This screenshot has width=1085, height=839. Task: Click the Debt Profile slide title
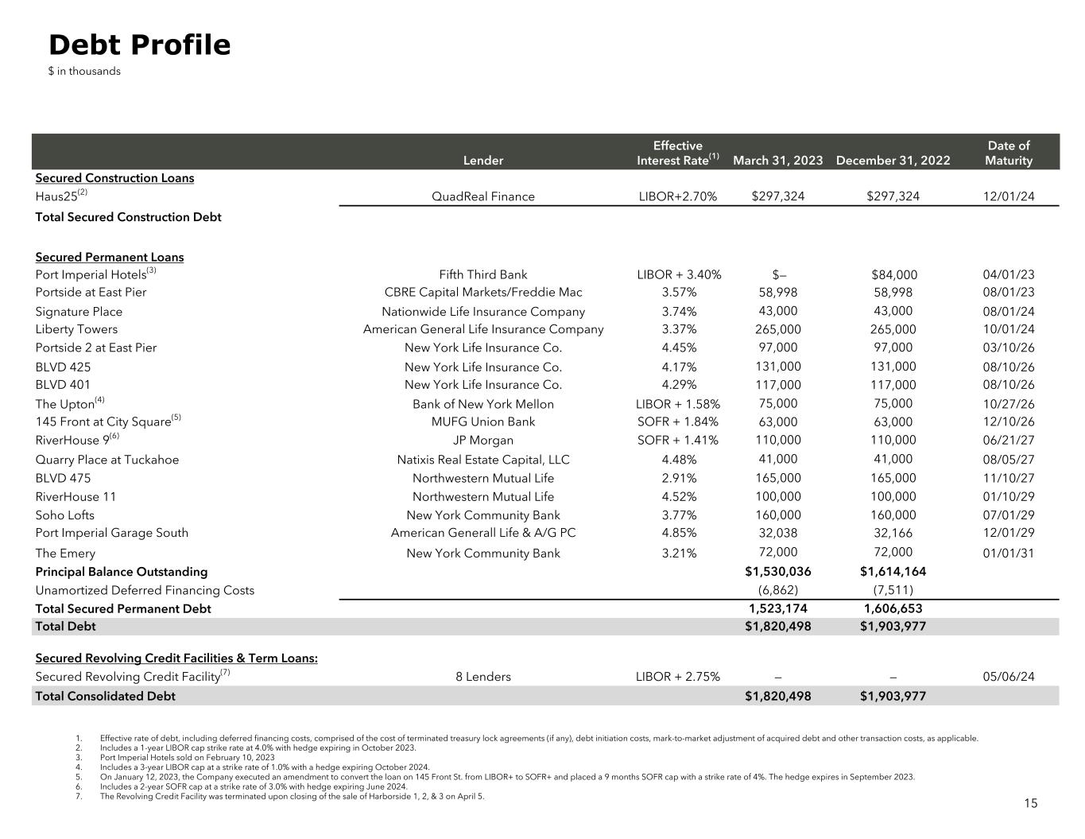(x=139, y=45)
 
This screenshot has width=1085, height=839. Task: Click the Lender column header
(x=482, y=161)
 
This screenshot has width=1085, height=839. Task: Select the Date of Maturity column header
(x=1008, y=153)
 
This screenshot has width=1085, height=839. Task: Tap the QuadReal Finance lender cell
(x=482, y=196)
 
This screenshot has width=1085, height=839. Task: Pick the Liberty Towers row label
(x=76, y=329)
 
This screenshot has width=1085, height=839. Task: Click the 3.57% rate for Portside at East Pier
(x=679, y=293)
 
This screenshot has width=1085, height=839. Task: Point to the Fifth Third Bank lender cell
(x=482, y=274)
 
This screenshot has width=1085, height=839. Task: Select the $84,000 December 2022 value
(x=893, y=274)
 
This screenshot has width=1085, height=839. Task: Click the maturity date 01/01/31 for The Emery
(x=1008, y=553)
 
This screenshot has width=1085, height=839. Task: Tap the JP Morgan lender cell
(x=482, y=440)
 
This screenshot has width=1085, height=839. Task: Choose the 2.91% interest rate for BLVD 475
(x=679, y=478)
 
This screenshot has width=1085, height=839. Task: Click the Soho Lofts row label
(x=64, y=515)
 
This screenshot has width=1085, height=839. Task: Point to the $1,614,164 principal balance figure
(x=893, y=571)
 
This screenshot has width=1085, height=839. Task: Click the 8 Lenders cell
(x=482, y=677)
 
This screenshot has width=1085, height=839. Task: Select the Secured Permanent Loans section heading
(x=110, y=257)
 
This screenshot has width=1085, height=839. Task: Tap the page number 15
(x=1030, y=803)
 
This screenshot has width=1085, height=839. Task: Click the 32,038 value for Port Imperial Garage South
(x=777, y=533)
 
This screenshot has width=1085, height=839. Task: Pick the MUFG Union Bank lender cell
(x=482, y=421)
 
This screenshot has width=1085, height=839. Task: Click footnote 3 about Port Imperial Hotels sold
(x=187, y=757)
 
